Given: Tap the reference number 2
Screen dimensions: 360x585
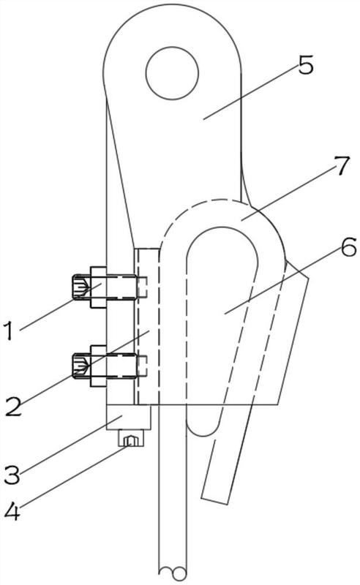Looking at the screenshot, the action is click(x=14, y=407).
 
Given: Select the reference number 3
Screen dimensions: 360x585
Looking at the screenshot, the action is click(x=12, y=474).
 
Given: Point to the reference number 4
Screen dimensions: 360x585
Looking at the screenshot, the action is click(x=12, y=511).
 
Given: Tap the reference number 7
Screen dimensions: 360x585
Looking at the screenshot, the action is click(x=341, y=166).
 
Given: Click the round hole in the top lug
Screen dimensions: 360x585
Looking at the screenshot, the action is click(x=172, y=73).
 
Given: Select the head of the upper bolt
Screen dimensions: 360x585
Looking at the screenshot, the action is click(x=81, y=287).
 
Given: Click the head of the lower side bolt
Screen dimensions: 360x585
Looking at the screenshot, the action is click(x=81, y=366).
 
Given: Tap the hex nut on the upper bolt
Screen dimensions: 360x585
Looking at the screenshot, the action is click(x=99, y=287).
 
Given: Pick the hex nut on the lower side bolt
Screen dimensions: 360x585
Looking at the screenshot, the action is click(x=99, y=366).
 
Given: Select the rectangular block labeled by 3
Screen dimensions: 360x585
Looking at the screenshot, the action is click(x=129, y=418).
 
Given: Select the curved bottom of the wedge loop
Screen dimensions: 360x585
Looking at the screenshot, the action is click(x=202, y=429).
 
